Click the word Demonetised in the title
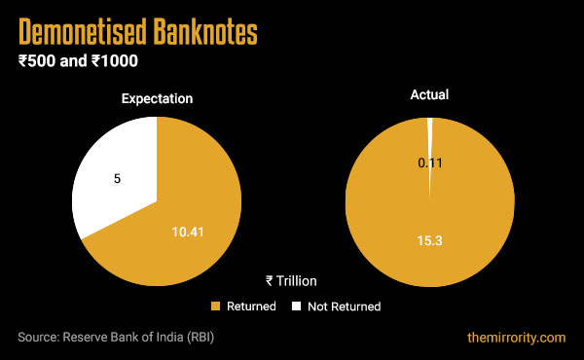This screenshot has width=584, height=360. pos(80,33)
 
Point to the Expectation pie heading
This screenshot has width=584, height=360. pos(157,98)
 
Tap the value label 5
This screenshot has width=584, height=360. pos(118,180)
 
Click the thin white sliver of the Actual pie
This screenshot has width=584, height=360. pos(430,131)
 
